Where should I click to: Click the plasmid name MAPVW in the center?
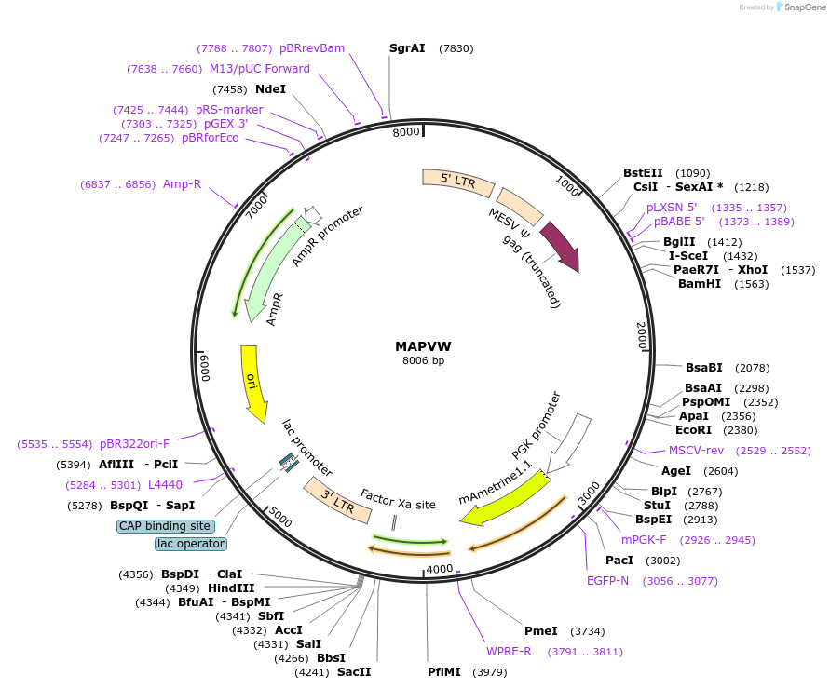point(423,345)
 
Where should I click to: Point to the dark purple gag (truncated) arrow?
point(561,247)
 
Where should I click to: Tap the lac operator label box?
point(191,543)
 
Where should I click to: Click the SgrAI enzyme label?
point(407,48)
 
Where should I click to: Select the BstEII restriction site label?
point(643,173)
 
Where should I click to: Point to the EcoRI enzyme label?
point(693,429)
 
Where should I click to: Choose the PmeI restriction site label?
point(541,630)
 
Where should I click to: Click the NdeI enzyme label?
point(270,89)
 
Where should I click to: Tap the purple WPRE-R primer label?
point(509,651)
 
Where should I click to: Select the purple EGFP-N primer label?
point(607,580)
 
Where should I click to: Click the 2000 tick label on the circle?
point(642,336)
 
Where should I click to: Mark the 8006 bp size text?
point(423,360)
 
